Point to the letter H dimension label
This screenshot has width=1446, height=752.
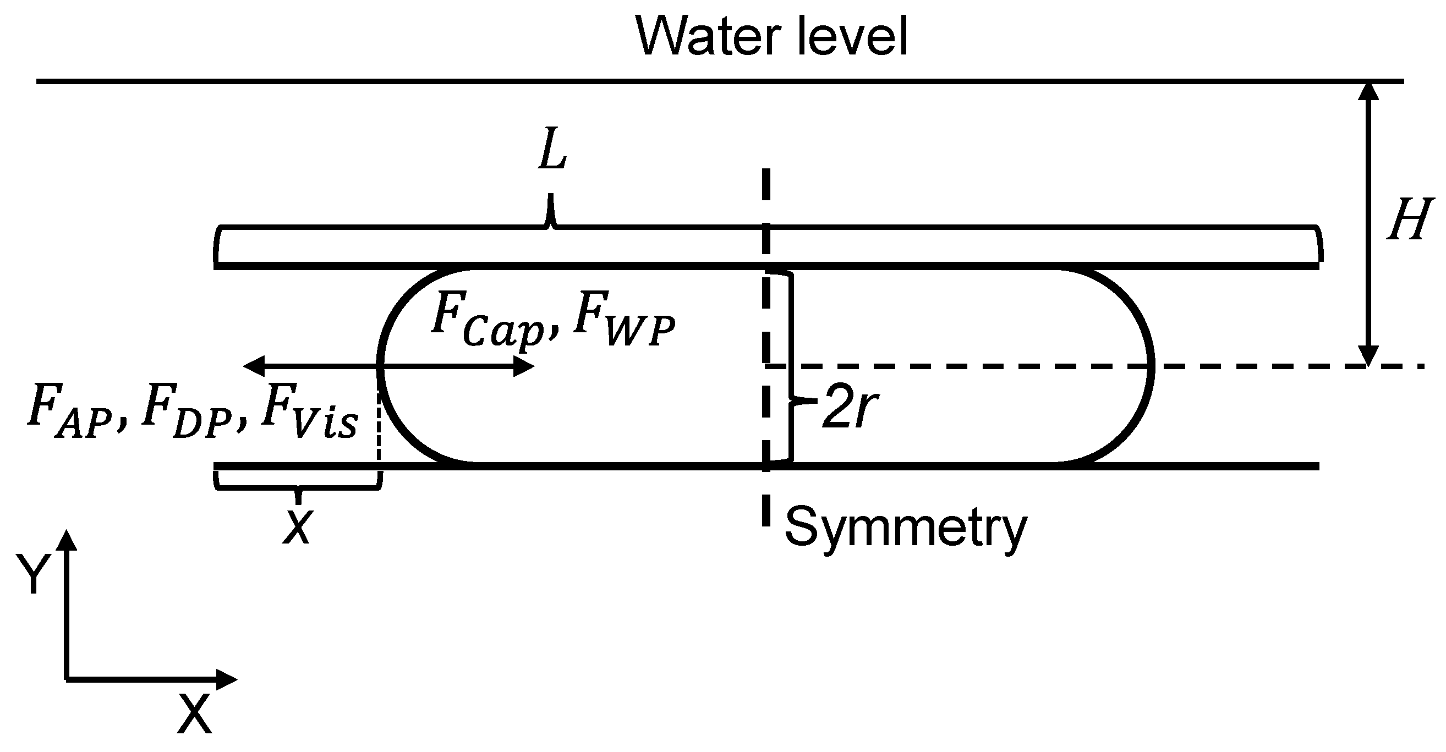point(1410,220)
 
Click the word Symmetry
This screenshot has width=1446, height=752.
point(905,528)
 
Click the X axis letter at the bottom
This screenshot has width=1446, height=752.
point(194,713)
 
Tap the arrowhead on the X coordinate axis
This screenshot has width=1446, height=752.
point(227,679)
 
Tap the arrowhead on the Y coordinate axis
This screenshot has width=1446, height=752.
point(67,540)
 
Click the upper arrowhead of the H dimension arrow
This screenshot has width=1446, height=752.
point(1368,92)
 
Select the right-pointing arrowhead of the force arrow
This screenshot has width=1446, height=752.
point(524,366)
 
